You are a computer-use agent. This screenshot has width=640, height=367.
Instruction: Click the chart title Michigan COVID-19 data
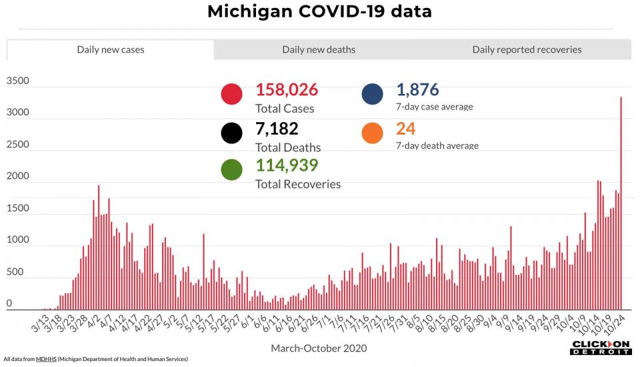[319, 11]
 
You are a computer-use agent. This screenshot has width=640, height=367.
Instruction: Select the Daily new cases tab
[111, 49]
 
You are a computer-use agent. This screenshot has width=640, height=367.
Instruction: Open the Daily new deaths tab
[319, 49]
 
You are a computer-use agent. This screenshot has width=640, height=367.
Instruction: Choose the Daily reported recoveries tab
[527, 49]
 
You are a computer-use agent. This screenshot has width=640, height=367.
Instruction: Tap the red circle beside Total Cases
[231, 94]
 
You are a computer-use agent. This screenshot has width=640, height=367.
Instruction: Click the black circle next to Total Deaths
[231, 133]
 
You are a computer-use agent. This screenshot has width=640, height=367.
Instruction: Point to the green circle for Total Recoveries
[231, 169]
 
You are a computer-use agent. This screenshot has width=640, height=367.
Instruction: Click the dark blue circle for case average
[373, 94]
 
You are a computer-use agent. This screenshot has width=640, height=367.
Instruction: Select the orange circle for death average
[373, 133]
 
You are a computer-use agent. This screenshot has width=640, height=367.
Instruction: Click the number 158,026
[287, 90]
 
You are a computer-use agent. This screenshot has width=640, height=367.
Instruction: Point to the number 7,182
[277, 129]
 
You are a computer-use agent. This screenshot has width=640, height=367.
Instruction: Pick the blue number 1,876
[417, 90]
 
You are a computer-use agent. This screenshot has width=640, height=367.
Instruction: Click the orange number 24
[405, 129]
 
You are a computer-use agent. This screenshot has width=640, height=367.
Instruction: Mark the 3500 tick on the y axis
[18, 81]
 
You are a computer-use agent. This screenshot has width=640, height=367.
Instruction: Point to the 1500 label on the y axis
[18, 208]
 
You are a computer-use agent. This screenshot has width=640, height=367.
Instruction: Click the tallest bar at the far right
[621, 200]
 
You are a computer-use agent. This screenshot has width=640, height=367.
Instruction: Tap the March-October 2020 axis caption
[319, 348]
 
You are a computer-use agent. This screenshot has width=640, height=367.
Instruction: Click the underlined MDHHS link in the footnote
[43, 359]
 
